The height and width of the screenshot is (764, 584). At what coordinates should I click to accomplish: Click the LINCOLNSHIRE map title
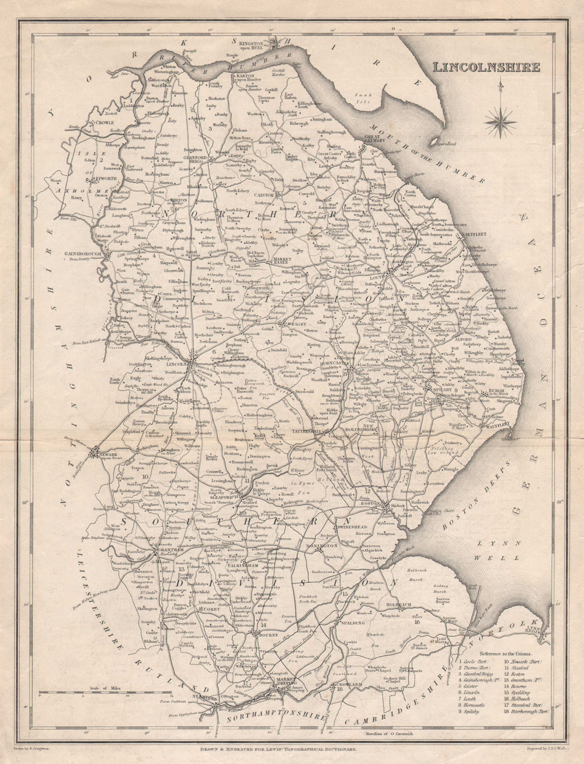coord(486,66)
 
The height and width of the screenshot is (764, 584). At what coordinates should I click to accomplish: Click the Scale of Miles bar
coord(105,693)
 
